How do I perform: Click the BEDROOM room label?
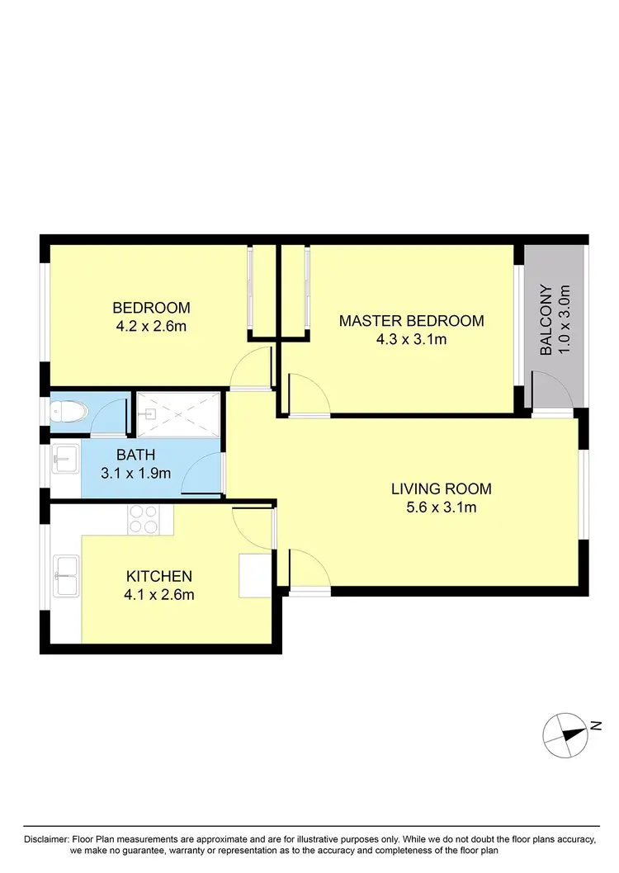[151, 308]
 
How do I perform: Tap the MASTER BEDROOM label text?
[411, 321]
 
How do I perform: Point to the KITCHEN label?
[158, 576]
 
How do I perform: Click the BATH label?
[135, 454]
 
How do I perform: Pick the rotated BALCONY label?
[546, 320]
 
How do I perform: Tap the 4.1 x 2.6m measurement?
[158, 593]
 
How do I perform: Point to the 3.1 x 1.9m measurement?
[135, 473]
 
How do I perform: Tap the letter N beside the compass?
[595, 726]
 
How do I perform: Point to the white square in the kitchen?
[254, 575]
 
